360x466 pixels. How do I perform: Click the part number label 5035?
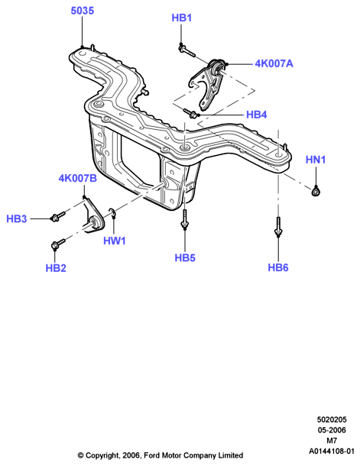(82, 11)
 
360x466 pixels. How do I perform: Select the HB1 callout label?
(182, 18)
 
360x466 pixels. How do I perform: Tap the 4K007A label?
(274, 63)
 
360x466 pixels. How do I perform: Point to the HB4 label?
(257, 115)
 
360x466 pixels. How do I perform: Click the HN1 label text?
(316, 160)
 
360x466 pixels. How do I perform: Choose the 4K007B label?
(78, 178)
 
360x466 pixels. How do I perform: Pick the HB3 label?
(17, 219)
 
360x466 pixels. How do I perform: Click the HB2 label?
(56, 268)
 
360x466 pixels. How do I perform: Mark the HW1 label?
(115, 241)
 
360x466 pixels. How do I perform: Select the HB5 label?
(185, 258)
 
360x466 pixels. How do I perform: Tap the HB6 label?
(278, 267)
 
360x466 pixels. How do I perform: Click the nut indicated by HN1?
(316, 191)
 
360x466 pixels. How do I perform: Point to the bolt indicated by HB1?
(186, 51)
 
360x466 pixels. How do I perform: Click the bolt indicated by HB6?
(278, 226)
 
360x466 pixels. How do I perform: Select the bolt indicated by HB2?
(58, 244)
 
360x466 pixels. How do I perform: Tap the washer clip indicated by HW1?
(112, 213)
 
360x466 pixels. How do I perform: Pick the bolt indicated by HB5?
(185, 219)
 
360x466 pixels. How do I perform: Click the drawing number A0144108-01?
(332, 451)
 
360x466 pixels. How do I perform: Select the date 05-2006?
(332, 430)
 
